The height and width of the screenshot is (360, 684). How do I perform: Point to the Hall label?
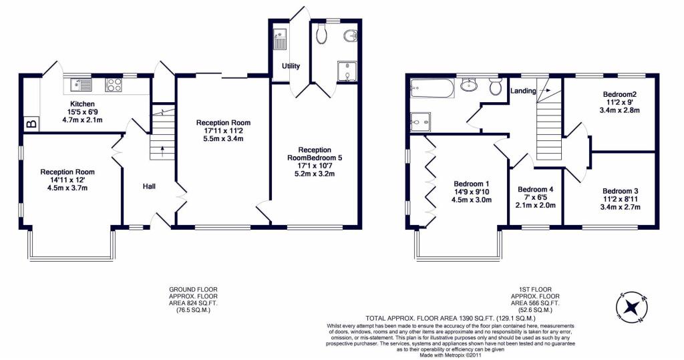[x=149, y=186]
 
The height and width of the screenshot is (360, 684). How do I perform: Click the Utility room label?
[x=291, y=66]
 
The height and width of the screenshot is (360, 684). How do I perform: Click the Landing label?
[x=523, y=91]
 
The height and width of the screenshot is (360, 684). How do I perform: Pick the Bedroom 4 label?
[x=536, y=189]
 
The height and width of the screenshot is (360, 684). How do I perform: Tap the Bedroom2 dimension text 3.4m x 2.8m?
[x=621, y=111]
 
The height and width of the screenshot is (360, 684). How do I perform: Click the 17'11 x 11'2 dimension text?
[x=223, y=131]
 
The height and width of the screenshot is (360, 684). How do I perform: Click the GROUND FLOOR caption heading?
[x=193, y=289]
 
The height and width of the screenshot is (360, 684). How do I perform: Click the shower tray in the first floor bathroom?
[x=419, y=120]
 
